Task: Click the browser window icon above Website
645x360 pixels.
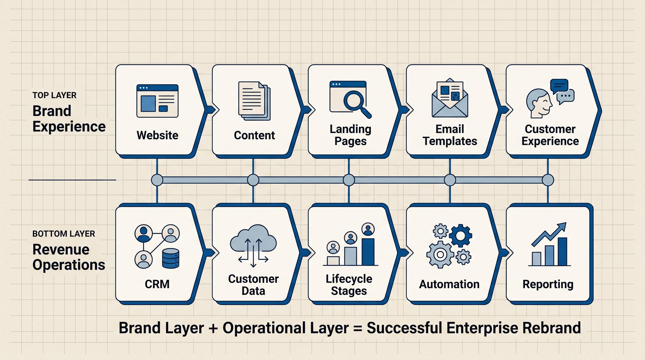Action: (157, 101)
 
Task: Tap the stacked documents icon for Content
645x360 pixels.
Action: (254, 101)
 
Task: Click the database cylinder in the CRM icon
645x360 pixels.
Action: (170, 258)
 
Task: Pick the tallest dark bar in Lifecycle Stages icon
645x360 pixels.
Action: (368, 252)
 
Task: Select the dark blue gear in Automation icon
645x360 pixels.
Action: (461, 236)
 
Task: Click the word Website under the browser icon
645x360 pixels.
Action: (157, 135)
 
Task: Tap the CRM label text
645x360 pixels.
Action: (157, 284)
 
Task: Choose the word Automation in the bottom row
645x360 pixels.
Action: (449, 284)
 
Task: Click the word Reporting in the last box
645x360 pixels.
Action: (548, 285)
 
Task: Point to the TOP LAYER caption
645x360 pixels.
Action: (55, 95)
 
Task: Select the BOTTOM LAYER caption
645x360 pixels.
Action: (64, 234)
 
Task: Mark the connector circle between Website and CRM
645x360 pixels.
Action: (157, 180)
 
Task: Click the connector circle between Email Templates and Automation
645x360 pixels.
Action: (450, 180)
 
